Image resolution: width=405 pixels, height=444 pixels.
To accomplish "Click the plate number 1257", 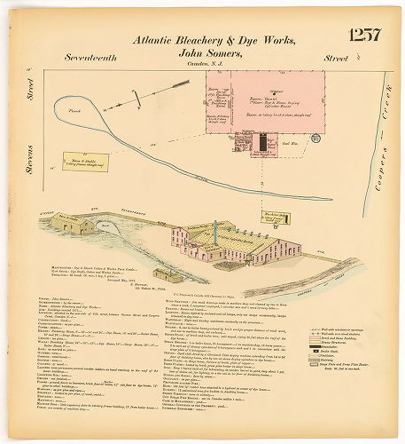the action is coord(364,36).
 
